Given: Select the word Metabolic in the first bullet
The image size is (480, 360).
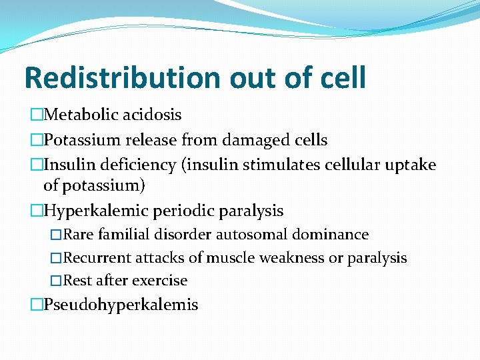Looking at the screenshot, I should click(79, 115).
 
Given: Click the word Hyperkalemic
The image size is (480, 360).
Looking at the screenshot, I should click(96, 211).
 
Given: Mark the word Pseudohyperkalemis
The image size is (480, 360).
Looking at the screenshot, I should click(121, 305).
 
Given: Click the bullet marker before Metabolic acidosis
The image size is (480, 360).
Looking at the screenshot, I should click(36, 115).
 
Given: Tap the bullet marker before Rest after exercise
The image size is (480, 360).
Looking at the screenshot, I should click(57, 281).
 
